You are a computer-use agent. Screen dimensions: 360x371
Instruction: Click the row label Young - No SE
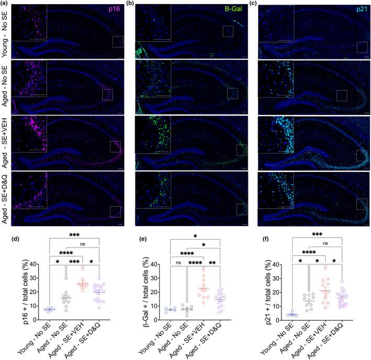point(5,31)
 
